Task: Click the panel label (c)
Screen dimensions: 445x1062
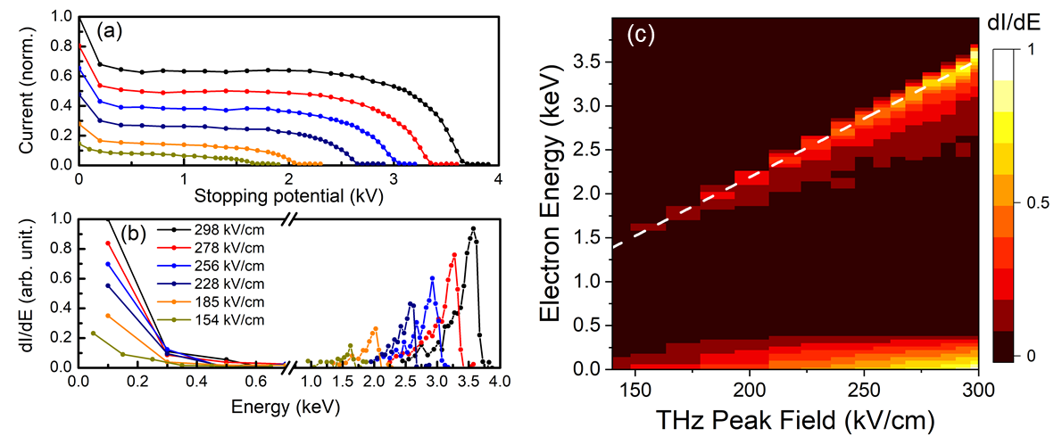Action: point(643,35)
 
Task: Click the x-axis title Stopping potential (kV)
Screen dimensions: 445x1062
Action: point(289,190)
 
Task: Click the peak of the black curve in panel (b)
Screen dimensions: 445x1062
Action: point(472,227)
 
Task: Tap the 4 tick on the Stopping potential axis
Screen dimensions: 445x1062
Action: point(498,178)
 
